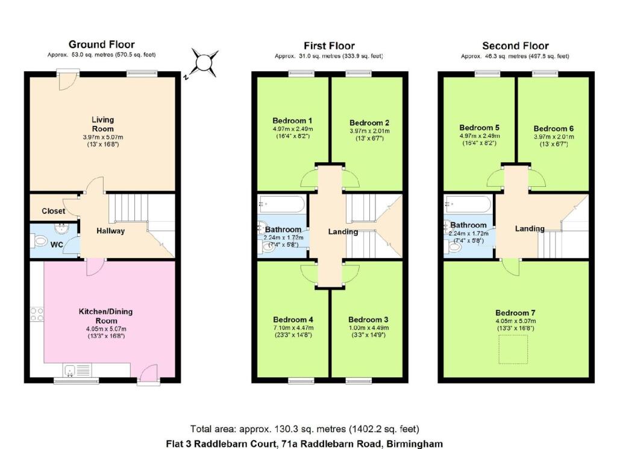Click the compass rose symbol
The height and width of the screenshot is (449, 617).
pyautogui.click(x=204, y=63)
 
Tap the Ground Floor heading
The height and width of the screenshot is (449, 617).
pyautogui.click(x=101, y=44)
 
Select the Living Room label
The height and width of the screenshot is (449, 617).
pyautogui.click(x=102, y=124)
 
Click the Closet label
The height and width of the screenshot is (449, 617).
pyautogui.click(x=53, y=212)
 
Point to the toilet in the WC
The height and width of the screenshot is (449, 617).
pyautogui.click(x=40, y=242)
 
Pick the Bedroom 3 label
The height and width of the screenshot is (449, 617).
pyautogui.click(x=368, y=319)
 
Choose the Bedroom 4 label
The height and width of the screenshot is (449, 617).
pyautogui.click(x=292, y=319)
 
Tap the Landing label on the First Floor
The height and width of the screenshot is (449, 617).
pyautogui.click(x=343, y=232)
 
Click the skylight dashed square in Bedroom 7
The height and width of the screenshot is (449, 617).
pyautogui.click(x=513, y=350)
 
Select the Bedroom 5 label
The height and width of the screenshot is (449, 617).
pyautogui.click(x=479, y=128)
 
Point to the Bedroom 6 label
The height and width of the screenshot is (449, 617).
pyautogui.click(x=553, y=128)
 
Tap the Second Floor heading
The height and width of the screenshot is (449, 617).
pyautogui.click(x=515, y=46)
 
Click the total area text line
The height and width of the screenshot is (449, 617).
pyautogui.click(x=305, y=429)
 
